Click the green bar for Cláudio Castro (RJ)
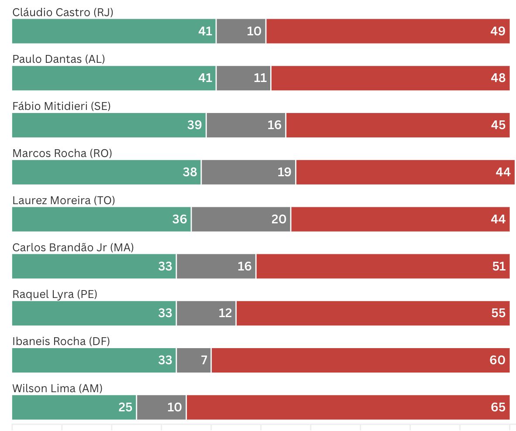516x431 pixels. [114, 31]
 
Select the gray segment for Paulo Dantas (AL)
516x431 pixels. [243, 78]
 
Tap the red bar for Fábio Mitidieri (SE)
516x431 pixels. [397, 125]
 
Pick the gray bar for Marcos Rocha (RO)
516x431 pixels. [248, 172]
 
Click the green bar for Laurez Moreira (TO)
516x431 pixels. [101, 219]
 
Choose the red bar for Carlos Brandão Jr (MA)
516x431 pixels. [382, 266]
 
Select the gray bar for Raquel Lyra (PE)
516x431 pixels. [206, 313]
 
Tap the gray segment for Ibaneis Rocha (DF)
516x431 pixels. [194, 360]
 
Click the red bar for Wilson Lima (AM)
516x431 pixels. [347, 407]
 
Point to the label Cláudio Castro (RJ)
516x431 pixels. [63, 12]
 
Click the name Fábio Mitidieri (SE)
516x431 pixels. [62, 106]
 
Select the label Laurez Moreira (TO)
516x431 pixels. [63, 200]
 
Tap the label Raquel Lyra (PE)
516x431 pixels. [55, 294]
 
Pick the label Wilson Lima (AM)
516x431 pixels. [57, 388]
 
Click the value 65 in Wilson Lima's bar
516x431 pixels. [498, 407]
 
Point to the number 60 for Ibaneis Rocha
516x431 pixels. [498, 360]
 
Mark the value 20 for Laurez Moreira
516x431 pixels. [279, 219]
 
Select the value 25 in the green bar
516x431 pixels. [125, 407]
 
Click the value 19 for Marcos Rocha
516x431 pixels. [284, 172]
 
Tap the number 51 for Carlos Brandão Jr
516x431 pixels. [498, 266]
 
